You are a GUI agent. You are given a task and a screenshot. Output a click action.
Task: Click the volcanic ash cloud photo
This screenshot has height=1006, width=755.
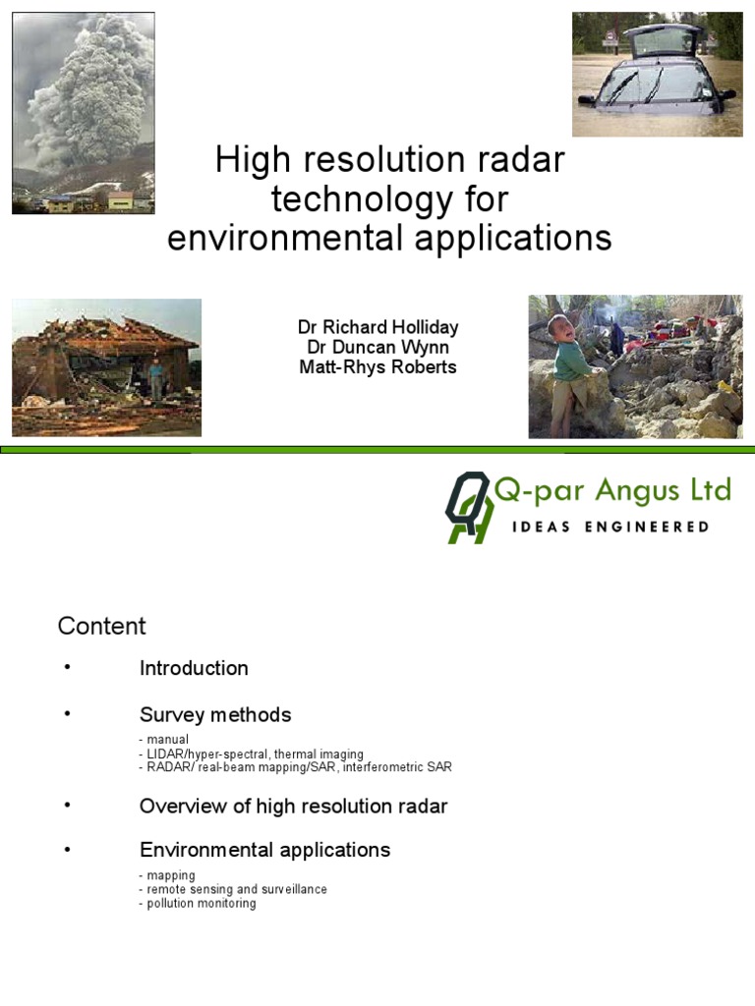click(83, 113)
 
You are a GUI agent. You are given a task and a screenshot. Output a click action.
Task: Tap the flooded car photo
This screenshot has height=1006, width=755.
click(657, 74)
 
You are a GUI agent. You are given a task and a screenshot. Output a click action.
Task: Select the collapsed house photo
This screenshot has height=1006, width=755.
click(106, 367)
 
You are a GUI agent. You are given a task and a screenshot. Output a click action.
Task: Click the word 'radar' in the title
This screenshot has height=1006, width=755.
click(518, 160)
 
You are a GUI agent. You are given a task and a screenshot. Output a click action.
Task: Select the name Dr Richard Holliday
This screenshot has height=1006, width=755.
click(377, 327)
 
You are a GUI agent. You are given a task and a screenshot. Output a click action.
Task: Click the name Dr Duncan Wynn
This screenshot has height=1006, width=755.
click(377, 347)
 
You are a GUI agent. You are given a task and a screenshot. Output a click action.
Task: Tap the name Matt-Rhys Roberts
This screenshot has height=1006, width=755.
click(377, 366)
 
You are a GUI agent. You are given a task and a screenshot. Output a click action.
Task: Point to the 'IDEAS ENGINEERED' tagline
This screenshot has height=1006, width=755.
click(610, 527)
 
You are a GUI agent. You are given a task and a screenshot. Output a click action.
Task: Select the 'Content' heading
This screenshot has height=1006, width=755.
click(101, 626)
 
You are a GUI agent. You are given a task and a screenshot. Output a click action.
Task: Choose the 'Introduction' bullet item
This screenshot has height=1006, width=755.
click(194, 668)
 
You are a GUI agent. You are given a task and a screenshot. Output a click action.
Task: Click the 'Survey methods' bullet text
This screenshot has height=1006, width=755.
click(215, 714)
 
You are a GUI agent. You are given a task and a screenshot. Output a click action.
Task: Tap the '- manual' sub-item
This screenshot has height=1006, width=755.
click(164, 739)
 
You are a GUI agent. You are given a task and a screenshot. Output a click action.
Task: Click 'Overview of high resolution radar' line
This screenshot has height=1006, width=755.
click(293, 806)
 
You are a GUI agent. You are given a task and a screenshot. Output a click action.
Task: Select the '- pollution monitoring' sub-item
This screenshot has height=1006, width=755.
click(198, 903)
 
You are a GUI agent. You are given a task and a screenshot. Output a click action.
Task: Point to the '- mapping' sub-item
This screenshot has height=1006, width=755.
click(167, 875)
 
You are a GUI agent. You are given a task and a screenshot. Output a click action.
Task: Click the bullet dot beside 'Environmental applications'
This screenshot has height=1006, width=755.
click(68, 848)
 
